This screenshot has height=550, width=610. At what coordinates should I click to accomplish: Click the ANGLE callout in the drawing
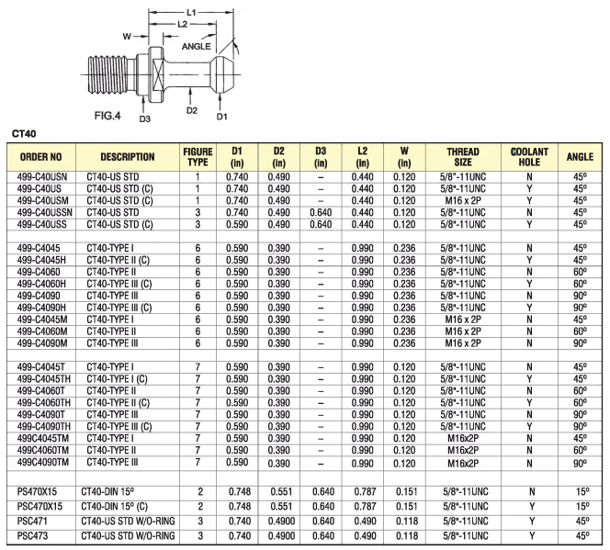tap(198, 46)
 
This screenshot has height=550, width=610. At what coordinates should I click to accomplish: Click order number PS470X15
tap(39, 491)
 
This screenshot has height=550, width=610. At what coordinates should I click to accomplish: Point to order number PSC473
tap(33, 534)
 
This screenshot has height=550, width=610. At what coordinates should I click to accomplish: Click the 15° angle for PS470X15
tap(580, 491)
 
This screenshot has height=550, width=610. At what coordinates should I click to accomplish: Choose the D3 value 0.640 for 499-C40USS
tap(321, 223)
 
